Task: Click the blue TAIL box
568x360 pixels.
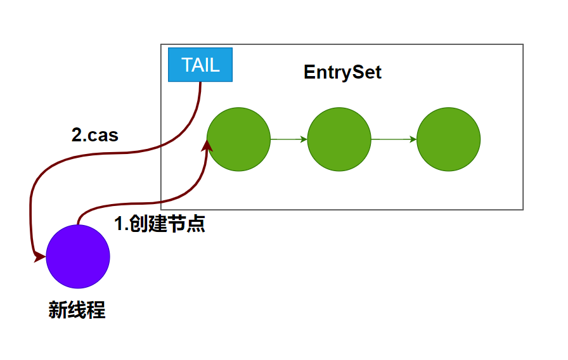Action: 200,65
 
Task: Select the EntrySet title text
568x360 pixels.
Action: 342,72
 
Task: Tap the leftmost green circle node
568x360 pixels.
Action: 238,139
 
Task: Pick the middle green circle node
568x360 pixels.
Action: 339,139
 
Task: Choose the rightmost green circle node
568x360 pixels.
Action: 448,139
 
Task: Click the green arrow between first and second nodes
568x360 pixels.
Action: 289,139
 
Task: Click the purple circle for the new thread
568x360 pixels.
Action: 78,257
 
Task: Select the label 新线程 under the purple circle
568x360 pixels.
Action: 77,310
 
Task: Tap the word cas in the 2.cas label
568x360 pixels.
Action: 103,135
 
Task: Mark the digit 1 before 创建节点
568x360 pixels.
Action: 118,224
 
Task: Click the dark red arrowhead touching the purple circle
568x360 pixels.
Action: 39,257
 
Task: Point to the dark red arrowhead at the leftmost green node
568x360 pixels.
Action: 206,145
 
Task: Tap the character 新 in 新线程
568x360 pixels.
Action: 58,310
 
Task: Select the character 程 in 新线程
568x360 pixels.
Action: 96,310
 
